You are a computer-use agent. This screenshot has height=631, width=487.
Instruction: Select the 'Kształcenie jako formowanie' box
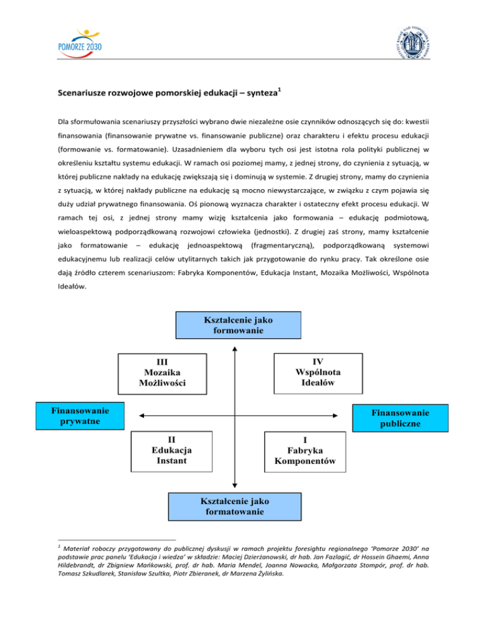tap(234, 326)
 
